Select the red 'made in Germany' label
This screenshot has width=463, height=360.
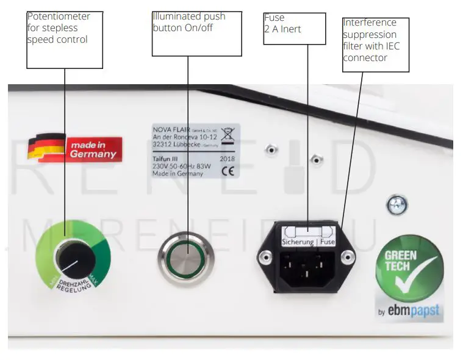point(92,149)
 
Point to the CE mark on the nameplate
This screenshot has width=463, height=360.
point(228,170)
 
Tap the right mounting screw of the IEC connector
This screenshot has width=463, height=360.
point(348,258)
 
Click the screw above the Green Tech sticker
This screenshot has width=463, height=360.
point(398,205)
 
